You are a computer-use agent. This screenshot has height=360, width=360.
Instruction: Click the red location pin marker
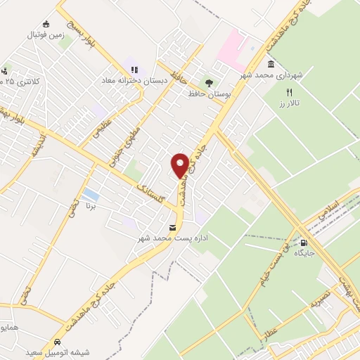(x=180, y=165)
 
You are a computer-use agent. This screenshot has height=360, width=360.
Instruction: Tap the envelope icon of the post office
(x=172, y=227)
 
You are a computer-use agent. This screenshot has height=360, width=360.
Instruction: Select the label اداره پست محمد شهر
(x=172, y=239)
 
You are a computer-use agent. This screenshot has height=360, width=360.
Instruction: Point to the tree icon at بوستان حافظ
(x=207, y=82)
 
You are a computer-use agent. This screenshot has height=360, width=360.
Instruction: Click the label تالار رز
(x=286, y=103)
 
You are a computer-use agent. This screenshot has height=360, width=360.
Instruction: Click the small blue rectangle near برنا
(x=90, y=194)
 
